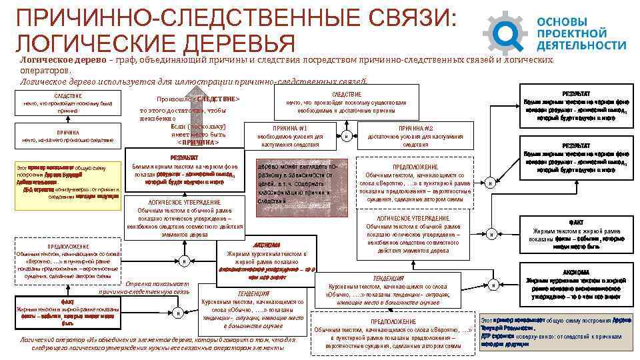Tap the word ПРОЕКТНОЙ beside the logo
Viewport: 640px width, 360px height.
coord(571,32)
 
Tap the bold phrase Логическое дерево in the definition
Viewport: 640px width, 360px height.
coord(62,59)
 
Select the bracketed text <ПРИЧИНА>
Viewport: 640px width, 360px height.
coord(198,143)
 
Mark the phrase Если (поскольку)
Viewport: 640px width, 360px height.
coord(198,126)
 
